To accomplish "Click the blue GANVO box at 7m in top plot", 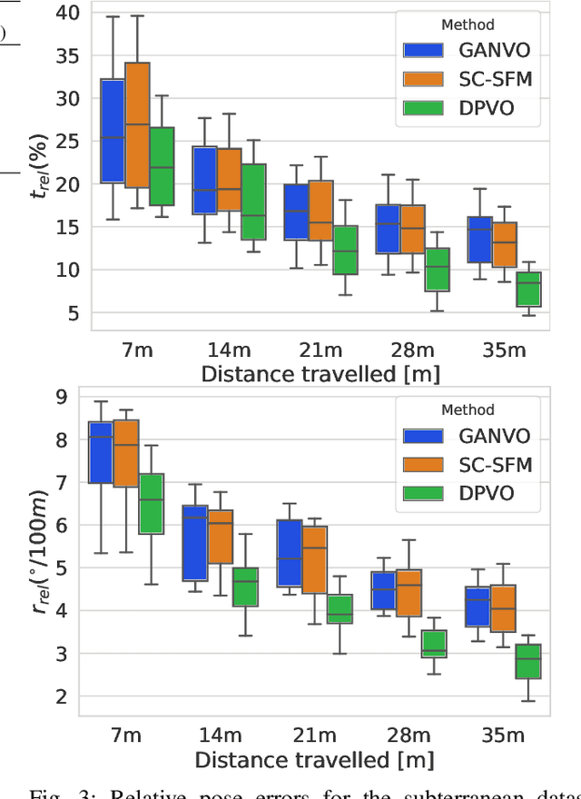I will tap(112, 131).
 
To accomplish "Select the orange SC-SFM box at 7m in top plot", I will tap(137, 124).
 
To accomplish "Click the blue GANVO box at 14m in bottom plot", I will tap(194, 543).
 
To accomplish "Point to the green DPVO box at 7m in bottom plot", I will tap(150, 503).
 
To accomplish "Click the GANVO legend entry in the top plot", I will tap(464, 51).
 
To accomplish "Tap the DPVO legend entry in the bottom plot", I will tap(464, 493).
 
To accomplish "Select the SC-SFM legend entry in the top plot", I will tap(464, 79).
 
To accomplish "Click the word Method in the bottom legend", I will tap(468, 409).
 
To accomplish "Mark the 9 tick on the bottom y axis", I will tap(62, 396).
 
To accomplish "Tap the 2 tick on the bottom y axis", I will tap(62, 696).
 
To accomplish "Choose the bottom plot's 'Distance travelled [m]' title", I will tap(314, 759).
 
